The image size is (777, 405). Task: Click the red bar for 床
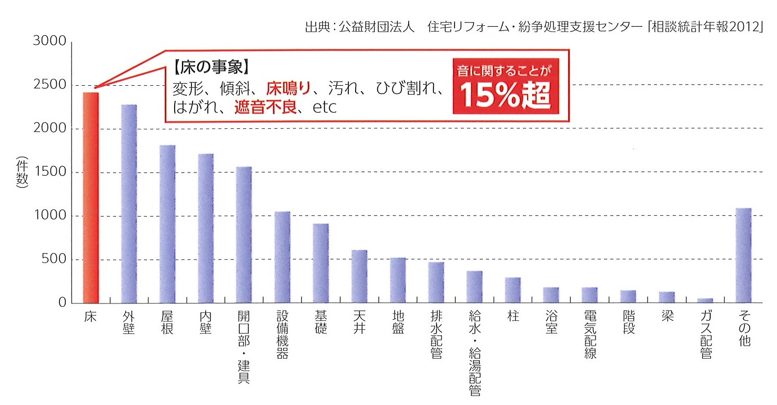tap(90, 197)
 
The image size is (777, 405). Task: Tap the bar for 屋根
tap(167, 224)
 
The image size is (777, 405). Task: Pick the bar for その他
tap(743, 255)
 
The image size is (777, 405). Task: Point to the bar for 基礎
tap(321, 263)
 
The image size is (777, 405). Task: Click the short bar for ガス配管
tap(705, 300)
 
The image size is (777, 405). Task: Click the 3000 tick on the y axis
tap(49, 42)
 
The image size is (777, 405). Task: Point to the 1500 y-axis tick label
tap(49, 173)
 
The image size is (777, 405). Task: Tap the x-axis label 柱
tap(513, 318)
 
